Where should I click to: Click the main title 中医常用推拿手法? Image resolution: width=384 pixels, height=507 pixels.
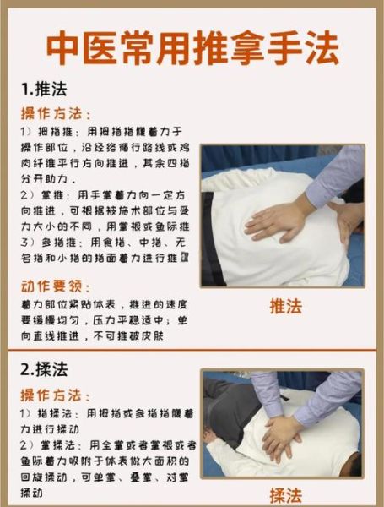click(192, 49)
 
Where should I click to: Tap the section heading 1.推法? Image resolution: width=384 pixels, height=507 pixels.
click(44, 89)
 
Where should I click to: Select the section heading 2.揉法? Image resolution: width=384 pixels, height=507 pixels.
click(44, 370)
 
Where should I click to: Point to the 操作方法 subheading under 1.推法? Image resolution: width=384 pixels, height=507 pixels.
click(56, 113)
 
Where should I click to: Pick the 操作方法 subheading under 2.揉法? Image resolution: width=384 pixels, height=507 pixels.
click(56, 395)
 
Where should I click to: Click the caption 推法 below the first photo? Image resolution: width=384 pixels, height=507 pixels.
click(284, 306)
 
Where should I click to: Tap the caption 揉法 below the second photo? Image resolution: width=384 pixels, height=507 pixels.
click(284, 495)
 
